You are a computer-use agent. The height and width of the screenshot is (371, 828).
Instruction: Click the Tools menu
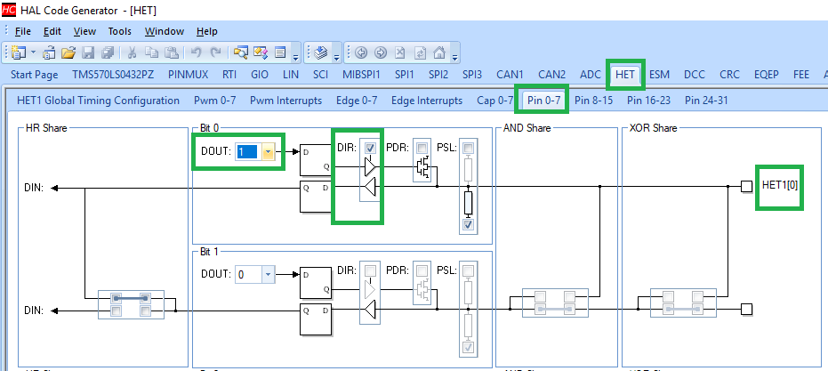[x=119, y=31]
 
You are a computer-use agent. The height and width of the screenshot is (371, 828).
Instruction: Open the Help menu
[x=206, y=31]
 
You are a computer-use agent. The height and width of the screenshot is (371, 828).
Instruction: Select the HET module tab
[x=625, y=75]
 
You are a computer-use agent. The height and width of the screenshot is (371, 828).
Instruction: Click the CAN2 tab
[x=551, y=75]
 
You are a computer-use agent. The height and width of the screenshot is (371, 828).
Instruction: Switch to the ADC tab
[x=590, y=75]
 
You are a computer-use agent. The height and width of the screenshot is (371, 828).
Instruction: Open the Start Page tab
[x=35, y=75]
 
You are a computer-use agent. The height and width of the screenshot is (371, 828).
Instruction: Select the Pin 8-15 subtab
[x=593, y=101]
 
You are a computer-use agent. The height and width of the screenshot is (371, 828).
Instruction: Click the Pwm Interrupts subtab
[x=285, y=101]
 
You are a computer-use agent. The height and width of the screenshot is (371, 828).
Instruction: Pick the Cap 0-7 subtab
[x=495, y=101]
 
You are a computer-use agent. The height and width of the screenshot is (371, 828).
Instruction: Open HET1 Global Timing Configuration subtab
[x=98, y=101]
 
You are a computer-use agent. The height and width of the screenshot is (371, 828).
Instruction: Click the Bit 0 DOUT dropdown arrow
[x=268, y=152]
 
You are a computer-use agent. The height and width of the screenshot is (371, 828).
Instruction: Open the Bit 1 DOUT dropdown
[x=269, y=275]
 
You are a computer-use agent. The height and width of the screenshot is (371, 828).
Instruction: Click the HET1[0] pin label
[x=780, y=186]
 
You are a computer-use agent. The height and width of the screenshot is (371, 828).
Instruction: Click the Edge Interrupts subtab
[x=427, y=101]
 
